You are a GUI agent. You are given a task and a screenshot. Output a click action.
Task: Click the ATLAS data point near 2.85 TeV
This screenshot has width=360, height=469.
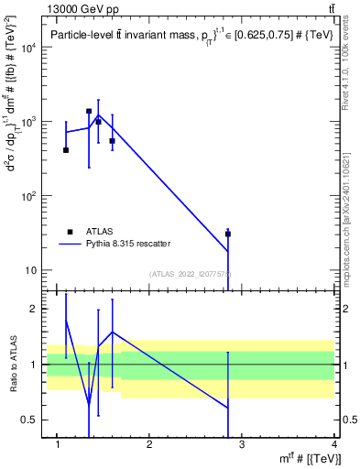click(x=228, y=234)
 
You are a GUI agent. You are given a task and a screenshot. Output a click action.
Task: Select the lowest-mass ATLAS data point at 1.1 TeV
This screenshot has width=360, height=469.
click(x=66, y=149)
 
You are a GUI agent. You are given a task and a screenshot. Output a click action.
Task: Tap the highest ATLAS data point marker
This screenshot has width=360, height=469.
click(x=89, y=111)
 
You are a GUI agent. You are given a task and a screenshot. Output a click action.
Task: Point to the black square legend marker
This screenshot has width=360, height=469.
click(x=71, y=232)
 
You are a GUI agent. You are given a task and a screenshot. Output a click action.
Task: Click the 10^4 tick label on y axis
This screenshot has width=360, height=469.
click(x=28, y=48)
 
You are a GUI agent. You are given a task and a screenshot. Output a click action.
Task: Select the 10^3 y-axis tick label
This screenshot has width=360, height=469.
click(x=28, y=122)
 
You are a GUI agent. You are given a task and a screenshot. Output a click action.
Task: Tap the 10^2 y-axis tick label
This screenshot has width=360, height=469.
click(x=28, y=196)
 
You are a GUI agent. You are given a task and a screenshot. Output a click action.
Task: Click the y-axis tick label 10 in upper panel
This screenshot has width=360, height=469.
click(x=31, y=270)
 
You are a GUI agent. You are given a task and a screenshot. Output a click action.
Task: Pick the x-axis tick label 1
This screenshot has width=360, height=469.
click(x=57, y=445)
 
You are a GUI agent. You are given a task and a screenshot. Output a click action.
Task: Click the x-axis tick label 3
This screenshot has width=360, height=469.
click(x=242, y=445)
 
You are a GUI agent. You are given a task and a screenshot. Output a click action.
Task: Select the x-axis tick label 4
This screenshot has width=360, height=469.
click(x=334, y=445)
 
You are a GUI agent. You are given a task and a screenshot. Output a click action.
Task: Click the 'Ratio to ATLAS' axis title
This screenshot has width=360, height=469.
click(x=13, y=365)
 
